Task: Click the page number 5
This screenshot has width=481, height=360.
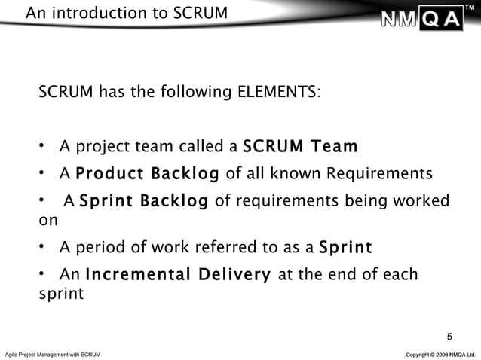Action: (x=450, y=337)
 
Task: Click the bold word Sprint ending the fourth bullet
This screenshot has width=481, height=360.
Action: (x=345, y=248)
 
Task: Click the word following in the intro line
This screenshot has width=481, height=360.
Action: (x=194, y=93)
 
